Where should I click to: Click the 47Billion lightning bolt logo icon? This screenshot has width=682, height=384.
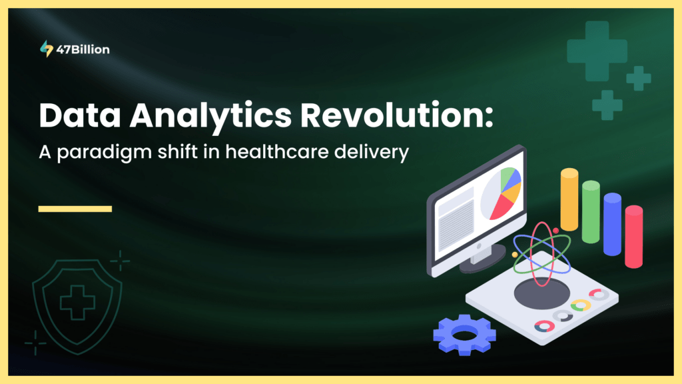pos(46,49)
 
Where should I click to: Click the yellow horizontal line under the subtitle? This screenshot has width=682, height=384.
pos(75,209)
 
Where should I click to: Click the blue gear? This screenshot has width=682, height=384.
pos(464,334)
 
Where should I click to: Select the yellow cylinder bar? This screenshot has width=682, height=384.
pos(569,199)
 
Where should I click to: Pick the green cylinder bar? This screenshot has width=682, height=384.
pos(591,212)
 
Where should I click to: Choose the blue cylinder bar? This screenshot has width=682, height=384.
pos(612,224)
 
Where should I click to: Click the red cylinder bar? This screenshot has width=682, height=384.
pos(633,237)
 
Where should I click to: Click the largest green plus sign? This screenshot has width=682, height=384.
pos(597,51)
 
